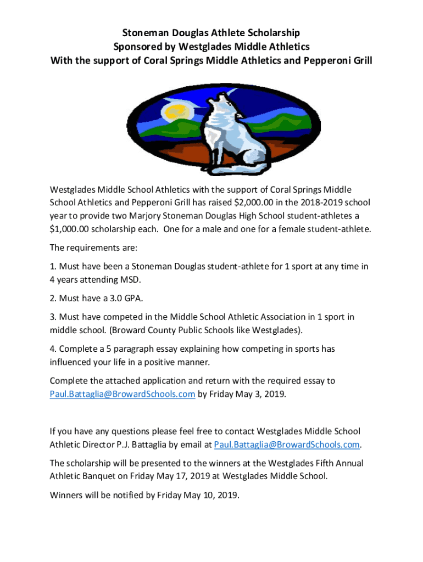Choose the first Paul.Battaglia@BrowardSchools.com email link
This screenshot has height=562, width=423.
pyautogui.click(x=123, y=394)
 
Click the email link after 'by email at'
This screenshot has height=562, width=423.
pyautogui.click(x=287, y=444)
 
